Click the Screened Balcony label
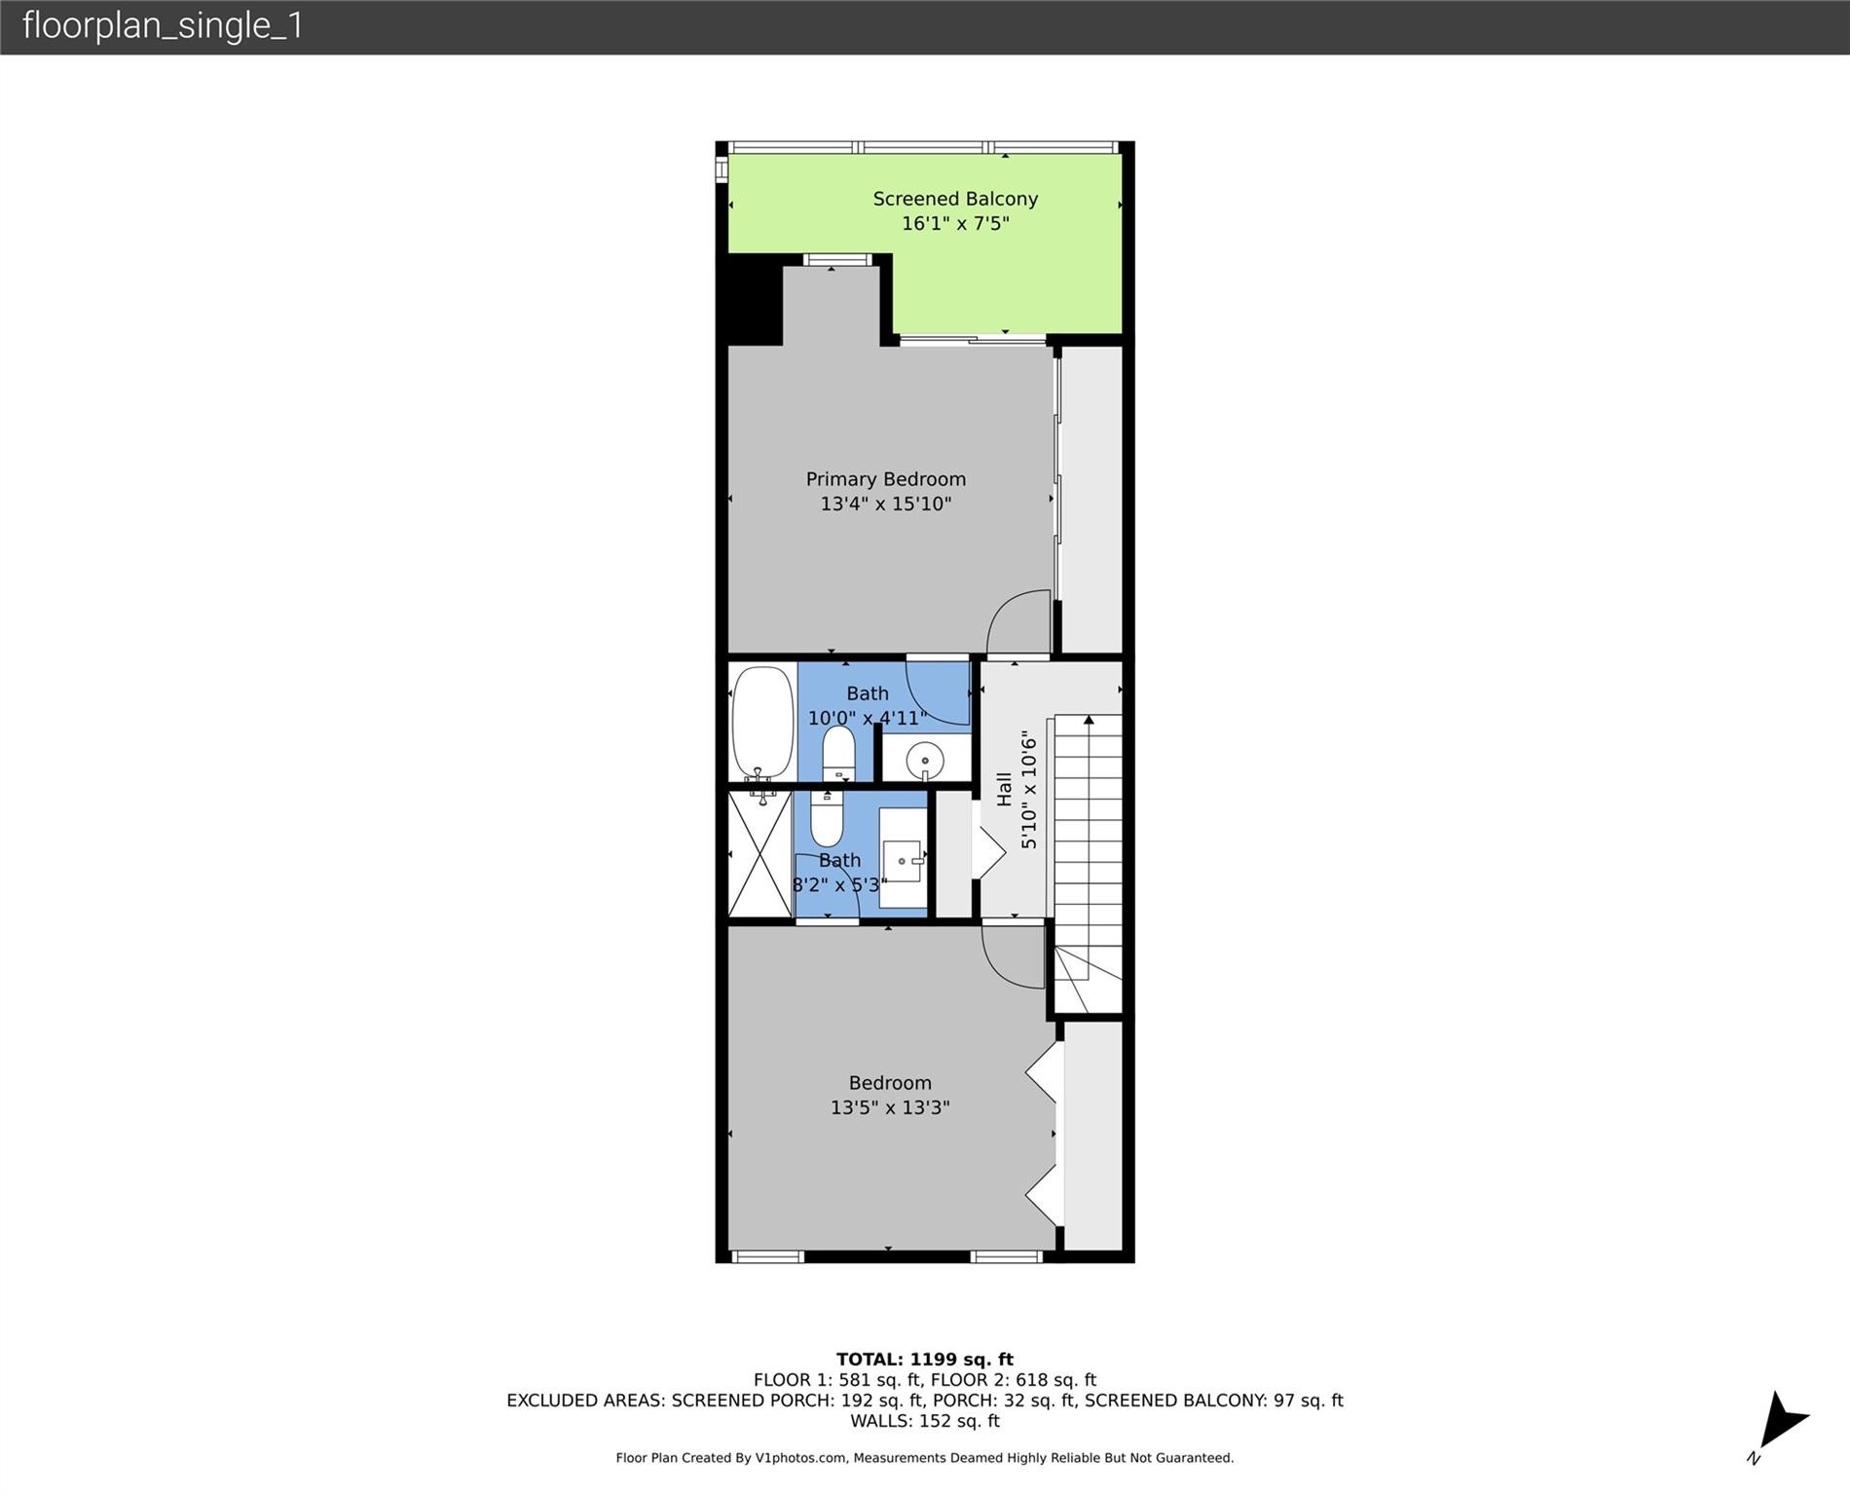click(954, 199)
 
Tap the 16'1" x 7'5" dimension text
click(954, 223)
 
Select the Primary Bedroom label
click(885, 479)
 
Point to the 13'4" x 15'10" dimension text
click(885, 504)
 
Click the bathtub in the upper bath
click(762, 722)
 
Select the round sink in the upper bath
click(924, 760)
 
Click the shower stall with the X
click(759, 854)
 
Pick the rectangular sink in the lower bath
click(903, 859)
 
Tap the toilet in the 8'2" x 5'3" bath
click(827, 821)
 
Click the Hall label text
click(1004, 789)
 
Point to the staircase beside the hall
click(1087, 847)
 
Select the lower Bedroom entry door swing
click(1013, 956)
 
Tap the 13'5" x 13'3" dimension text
click(889, 1107)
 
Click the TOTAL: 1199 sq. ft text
click(924, 1359)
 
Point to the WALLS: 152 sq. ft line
click(924, 1421)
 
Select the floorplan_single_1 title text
click(163, 26)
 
